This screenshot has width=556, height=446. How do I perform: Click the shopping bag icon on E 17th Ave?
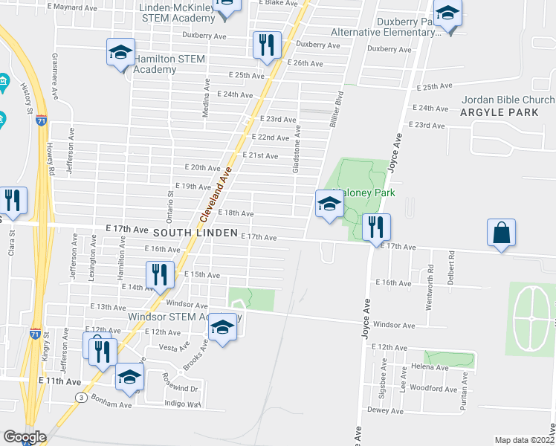coord(502,233)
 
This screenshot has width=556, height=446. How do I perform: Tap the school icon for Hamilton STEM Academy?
coord(120,53)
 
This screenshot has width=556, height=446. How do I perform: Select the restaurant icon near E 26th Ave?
coord(266,45)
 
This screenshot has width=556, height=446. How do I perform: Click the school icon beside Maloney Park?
coord(329,204)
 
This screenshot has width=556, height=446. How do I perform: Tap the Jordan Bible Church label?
coord(508,100)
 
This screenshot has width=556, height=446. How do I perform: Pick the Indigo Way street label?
coord(184,404)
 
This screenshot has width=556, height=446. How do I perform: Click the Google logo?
coord(25,437)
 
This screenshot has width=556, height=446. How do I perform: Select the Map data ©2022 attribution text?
coord(524,440)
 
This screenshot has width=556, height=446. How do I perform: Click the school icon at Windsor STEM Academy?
coord(222,327)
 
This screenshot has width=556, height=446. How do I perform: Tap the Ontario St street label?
coord(169,203)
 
